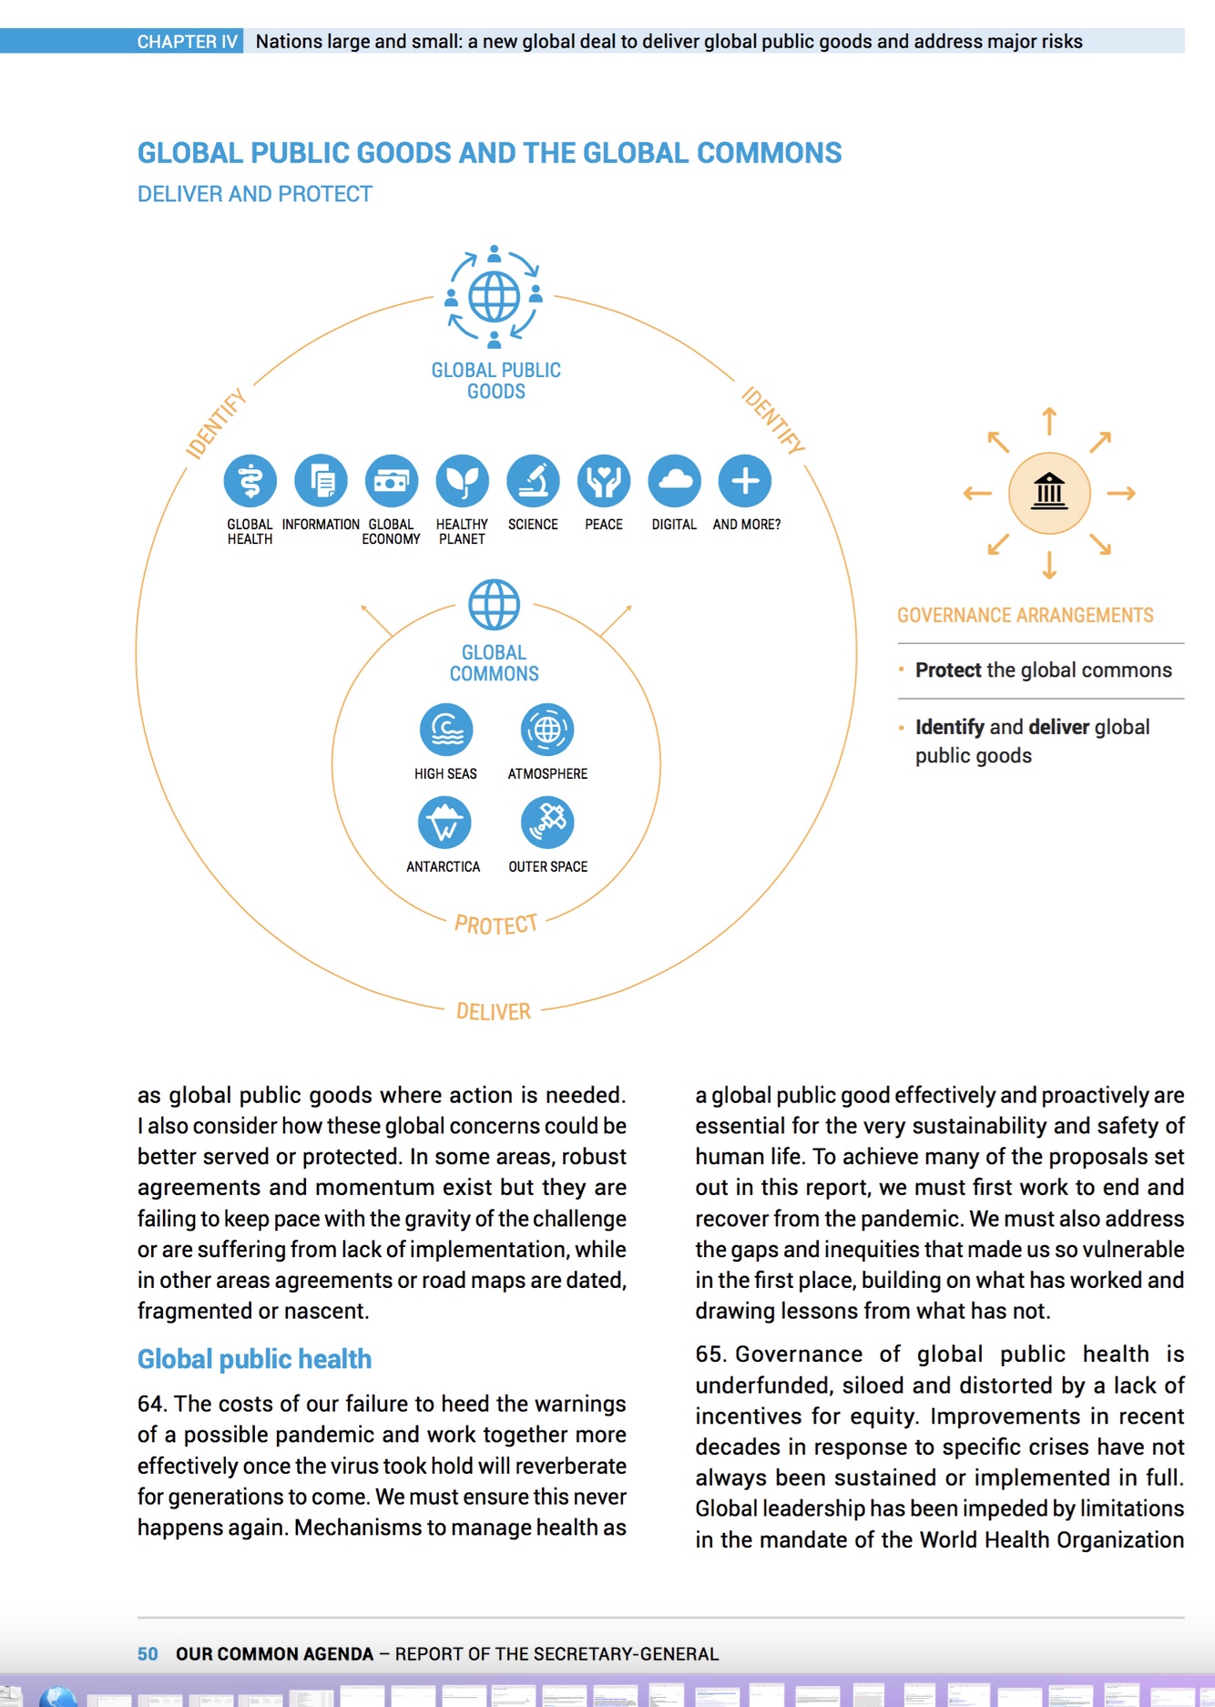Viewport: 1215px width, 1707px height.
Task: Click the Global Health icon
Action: point(250,481)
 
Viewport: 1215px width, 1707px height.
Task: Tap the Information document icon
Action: point(321,481)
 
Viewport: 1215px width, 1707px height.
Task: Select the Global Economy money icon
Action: point(392,481)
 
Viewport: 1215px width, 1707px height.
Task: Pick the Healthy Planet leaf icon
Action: point(463,481)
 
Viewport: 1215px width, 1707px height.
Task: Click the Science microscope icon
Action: point(534,481)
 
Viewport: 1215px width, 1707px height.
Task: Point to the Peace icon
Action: point(604,481)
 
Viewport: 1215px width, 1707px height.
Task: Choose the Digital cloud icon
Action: point(675,481)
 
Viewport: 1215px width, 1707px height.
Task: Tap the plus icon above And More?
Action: point(745,481)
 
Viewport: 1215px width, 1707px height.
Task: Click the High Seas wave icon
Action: point(446,730)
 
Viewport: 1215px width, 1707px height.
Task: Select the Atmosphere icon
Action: point(547,730)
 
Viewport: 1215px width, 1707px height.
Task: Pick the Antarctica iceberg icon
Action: point(444,823)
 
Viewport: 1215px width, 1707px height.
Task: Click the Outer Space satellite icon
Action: point(547,823)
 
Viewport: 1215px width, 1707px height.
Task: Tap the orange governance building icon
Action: point(1049,493)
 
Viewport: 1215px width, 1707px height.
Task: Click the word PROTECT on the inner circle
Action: point(495,925)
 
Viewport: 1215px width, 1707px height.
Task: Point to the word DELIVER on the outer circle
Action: point(493,1012)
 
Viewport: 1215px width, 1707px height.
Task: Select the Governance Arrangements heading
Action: point(1025,616)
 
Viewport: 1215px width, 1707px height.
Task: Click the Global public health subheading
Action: point(254,1359)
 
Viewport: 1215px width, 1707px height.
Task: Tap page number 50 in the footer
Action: point(148,1654)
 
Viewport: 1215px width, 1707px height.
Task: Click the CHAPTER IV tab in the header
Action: point(187,41)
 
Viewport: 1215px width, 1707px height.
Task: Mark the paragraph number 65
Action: point(709,1354)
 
